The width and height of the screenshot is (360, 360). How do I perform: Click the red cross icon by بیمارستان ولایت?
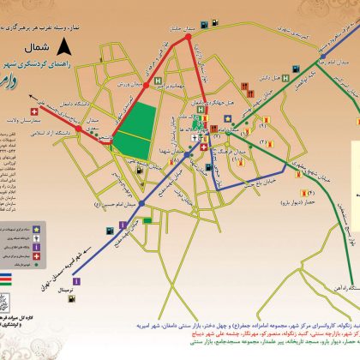coord(36,112)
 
